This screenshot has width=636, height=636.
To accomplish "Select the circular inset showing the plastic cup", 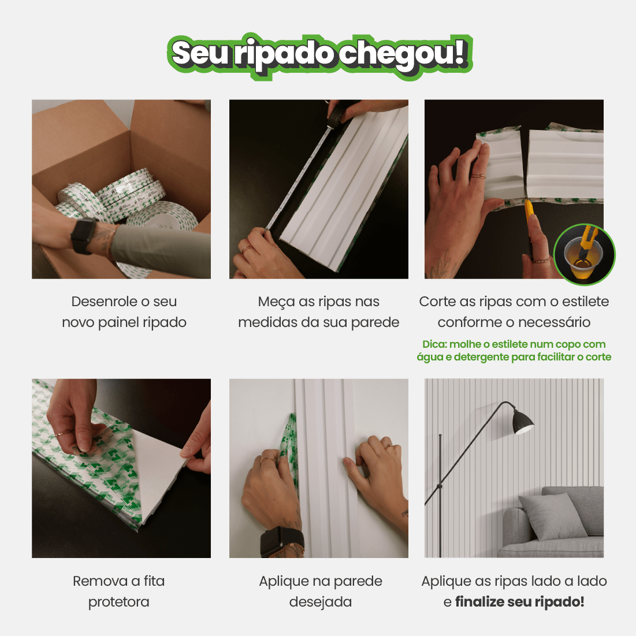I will (x=584, y=255).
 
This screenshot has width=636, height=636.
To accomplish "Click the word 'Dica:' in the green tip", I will (x=434, y=344).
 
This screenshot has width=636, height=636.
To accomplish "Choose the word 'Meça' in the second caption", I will (x=276, y=302).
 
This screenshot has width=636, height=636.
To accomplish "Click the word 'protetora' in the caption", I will (x=118, y=602).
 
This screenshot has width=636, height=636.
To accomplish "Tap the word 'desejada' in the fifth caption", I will (x=320, y=602).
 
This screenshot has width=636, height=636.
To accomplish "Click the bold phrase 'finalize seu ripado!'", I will (x=520, y=602).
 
